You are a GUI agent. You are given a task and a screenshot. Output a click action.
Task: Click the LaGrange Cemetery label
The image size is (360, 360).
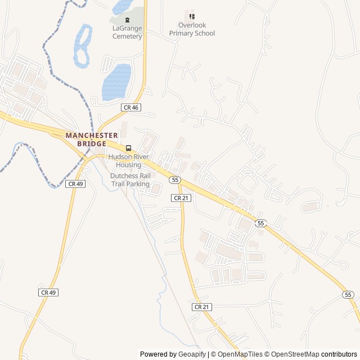(x=127, y=32)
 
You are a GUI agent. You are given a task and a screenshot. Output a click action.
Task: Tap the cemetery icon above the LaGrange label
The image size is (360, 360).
(x=127, y=20)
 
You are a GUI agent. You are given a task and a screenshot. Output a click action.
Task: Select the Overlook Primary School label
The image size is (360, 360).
(x=192, y=29)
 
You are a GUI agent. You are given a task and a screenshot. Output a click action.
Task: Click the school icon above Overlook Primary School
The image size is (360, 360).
(x=192, y=17)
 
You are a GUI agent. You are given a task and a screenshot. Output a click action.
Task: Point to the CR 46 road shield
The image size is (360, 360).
(x=130, y=107)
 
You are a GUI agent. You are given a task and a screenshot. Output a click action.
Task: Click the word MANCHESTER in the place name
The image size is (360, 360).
(x=92, y=136)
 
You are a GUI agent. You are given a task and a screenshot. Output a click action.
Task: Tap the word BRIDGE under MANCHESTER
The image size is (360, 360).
(x=92, y=143)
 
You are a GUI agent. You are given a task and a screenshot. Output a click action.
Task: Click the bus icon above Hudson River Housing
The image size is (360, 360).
(x=129, y=148)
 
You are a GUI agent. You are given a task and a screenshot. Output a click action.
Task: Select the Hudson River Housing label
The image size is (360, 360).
(x=129, y=161)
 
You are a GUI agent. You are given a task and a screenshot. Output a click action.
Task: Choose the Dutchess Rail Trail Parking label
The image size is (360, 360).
(x=130, y=179)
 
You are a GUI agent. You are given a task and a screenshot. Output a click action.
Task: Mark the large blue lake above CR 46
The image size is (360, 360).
(x=116, y=81)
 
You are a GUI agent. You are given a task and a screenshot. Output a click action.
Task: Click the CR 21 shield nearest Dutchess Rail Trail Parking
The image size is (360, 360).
(x=181, y=198)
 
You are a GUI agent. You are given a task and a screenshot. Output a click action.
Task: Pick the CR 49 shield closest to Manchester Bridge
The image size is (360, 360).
(x=75, y=184)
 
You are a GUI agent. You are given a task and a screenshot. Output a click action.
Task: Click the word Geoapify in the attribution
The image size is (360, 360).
(x=193, y=354)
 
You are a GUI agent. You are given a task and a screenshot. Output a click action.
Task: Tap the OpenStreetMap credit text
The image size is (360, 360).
(x=291, y=354)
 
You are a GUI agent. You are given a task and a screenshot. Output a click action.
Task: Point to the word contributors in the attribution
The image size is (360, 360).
(x=339, y=354)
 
